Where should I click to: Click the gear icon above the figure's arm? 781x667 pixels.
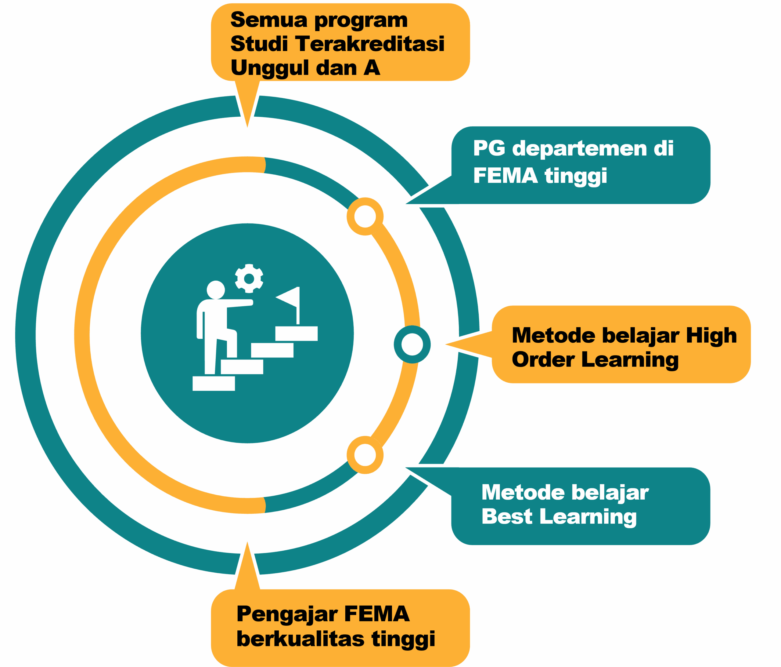(249, 279)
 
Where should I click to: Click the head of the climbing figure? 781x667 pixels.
(216, 290)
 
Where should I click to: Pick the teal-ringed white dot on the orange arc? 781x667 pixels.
(412, 344)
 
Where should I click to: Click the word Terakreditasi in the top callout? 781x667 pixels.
(370, 44)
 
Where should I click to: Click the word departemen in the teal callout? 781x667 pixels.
(579, 148)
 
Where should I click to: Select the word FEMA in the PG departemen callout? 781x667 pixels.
(505, 176)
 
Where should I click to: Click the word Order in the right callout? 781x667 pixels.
(543, 359)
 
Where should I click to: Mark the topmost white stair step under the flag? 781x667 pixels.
(296, 333)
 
